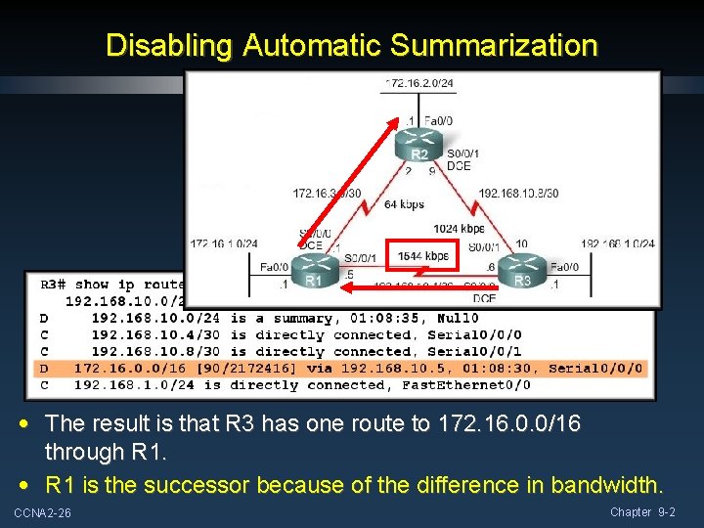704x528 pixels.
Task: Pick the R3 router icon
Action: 523,273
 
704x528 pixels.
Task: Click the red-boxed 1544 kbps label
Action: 422,256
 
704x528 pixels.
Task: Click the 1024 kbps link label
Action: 459,229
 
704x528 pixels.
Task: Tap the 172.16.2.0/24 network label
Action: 418,83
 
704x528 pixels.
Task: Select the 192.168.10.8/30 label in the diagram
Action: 518,193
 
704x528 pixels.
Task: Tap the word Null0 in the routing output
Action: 457,318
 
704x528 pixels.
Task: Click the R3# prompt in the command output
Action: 57,285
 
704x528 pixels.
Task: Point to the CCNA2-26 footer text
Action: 42,513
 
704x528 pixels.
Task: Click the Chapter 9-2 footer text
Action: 642,512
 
